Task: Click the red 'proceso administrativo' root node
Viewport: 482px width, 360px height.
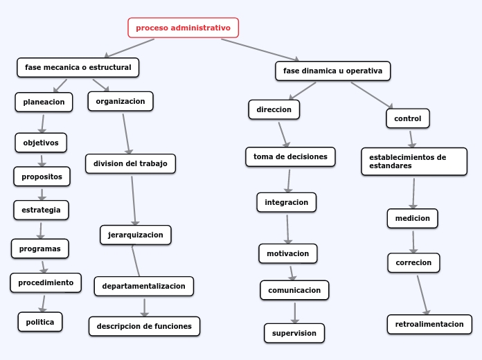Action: pos(183,28)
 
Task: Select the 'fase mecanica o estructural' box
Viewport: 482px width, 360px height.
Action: pos(78,67)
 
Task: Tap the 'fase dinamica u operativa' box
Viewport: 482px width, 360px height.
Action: pos(332,71)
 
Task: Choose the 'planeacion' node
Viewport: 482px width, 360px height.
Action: pos(44,102)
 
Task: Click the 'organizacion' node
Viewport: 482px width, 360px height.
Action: pos(120,101)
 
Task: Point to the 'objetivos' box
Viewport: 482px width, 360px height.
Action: pos(41,143)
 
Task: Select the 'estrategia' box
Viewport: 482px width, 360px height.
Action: pos(41,209)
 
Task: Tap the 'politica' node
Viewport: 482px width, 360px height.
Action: pos(40,322)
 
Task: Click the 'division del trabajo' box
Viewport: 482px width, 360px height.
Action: pos(130,163)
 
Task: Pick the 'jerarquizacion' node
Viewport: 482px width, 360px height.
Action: pos(135,235)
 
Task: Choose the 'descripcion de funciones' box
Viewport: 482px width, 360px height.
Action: pos(144,326)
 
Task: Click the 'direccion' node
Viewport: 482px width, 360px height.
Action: pos(274,109)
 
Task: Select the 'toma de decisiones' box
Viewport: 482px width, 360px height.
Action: pos(290,156)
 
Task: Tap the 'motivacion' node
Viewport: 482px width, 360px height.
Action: pos(287,253)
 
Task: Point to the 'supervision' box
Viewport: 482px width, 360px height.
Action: pos(294,333)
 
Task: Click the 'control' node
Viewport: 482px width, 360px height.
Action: pos(407,118)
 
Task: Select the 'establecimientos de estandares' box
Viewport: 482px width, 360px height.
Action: pos(413,161)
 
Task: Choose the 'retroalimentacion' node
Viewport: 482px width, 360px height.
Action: pos(429,324)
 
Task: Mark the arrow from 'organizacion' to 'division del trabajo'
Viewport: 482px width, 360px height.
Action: pos(127,133)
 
